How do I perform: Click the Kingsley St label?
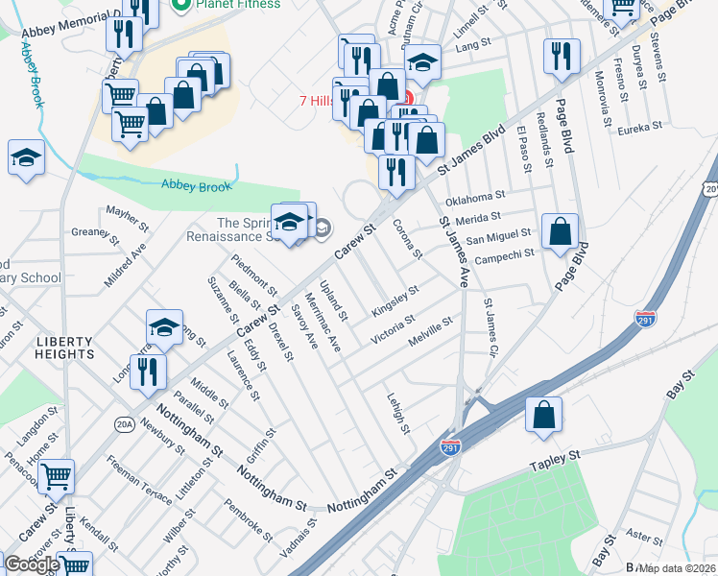[395, 300]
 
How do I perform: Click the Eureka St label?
[640, 128]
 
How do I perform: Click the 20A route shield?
[124, 422]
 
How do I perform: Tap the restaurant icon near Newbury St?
[148, 371]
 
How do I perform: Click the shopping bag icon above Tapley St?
[543, 415]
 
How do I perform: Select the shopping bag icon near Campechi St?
[561, 230]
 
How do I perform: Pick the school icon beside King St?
[165, 326]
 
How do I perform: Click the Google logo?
[32, 564]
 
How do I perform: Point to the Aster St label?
[636, 533]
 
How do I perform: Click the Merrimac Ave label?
[323, 322]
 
